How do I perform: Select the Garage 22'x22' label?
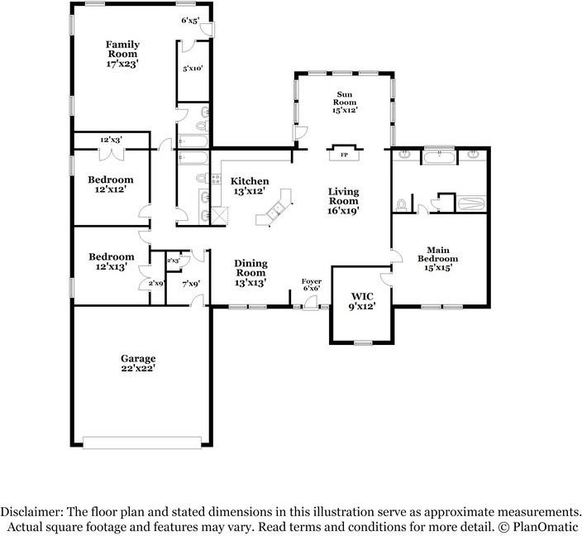138,363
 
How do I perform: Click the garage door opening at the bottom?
142,443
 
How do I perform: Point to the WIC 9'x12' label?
362,301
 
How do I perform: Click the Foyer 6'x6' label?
312,285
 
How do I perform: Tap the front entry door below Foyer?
310,303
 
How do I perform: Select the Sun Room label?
345,102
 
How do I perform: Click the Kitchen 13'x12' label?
250,186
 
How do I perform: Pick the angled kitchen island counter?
274,208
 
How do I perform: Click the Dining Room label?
250,273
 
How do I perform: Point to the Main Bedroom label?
438,259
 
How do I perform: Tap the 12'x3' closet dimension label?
111,140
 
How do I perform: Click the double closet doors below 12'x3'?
112,154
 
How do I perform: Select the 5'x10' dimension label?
193,69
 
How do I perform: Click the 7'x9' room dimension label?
191,284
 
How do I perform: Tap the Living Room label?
343,201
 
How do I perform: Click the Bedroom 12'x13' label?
112,261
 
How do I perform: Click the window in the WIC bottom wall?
363,342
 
